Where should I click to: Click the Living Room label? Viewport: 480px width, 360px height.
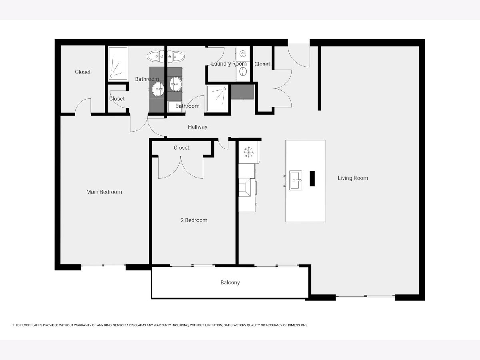353,178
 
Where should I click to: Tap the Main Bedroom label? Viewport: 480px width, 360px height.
104,192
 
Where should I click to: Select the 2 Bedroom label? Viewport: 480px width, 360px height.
194,220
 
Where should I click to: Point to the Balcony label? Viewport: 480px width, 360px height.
230,283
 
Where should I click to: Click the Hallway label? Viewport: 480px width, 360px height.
198,127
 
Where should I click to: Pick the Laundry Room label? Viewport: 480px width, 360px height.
229,64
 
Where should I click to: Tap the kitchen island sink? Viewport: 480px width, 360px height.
296,180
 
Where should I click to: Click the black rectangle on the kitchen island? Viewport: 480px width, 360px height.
312,178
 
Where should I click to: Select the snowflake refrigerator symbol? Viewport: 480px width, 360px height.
249,152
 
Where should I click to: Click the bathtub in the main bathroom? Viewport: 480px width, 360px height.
118,63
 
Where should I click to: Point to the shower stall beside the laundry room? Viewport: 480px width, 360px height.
217,98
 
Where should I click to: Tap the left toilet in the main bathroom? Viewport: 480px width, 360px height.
156,56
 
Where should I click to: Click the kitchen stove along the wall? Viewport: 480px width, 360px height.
247,187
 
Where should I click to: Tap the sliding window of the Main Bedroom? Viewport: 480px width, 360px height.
103,266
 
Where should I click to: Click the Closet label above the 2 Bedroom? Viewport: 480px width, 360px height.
182,148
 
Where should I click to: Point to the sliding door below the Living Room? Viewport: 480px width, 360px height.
366,296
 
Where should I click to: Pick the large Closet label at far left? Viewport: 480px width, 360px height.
83,72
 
